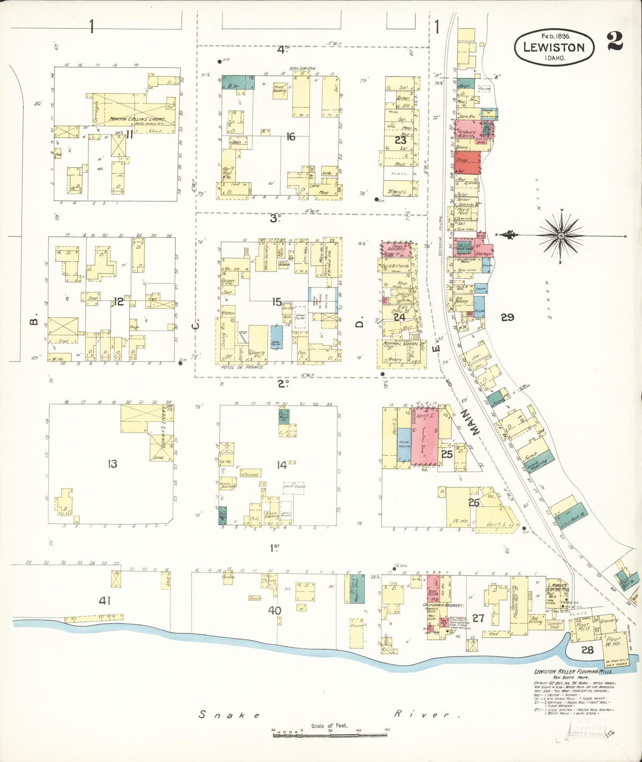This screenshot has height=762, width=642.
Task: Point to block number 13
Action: [112, 464]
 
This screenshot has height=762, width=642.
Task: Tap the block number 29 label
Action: [507, 317]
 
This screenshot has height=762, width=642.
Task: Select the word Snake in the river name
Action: [229, 714]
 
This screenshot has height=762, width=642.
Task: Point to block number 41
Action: [104, 601]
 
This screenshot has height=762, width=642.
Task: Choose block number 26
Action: [474, 502]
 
